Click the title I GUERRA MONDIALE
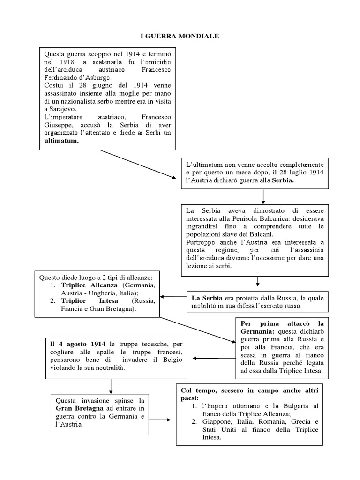tap(180, 35)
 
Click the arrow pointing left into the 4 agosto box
tap(214, 359)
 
